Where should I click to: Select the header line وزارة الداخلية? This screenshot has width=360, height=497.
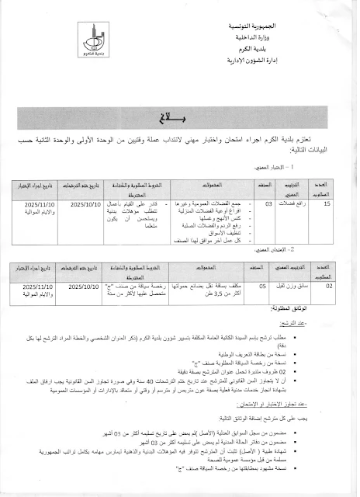(320, 38)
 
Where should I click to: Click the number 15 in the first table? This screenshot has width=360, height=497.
(327, 203)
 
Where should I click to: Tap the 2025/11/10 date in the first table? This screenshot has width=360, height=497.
(40, 203)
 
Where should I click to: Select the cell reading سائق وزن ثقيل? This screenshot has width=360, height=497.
(293, 286)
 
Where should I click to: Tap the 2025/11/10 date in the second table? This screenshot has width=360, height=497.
(40, 286)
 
